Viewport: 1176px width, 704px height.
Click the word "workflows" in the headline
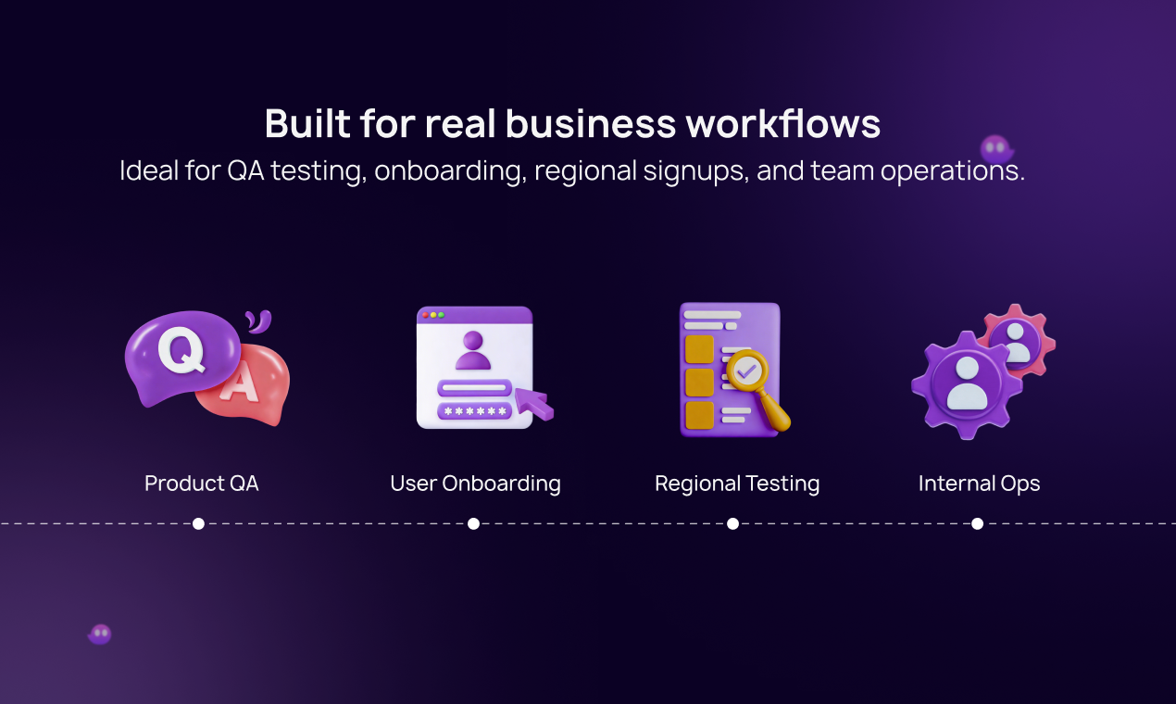click(x=782, y=123)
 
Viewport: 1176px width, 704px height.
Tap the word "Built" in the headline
click(x=307, y=123)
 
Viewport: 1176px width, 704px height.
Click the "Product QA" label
click(x=202, y=484)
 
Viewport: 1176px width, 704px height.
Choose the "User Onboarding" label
click(x=475, y=484)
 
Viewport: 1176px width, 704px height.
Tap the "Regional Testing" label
click(x=737, y=484)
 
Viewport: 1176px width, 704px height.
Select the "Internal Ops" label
click(x=979, y=484)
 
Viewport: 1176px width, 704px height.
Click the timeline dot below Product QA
click(x=198, y=523)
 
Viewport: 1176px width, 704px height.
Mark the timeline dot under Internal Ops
click(x=978, y=523)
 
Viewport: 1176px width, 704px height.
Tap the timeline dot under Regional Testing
click(x=732, y=523)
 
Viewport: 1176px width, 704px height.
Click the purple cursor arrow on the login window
click(x=532, y=404)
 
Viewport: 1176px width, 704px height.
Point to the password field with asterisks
click(x=475, y=411)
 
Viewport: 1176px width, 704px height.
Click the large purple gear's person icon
click(x=967, y=384)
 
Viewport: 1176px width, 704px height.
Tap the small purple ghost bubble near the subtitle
click(x=996, y=149)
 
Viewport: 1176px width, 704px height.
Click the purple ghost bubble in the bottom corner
click(x=100, y=635)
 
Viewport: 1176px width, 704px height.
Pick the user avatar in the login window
click(x=473, y=350)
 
